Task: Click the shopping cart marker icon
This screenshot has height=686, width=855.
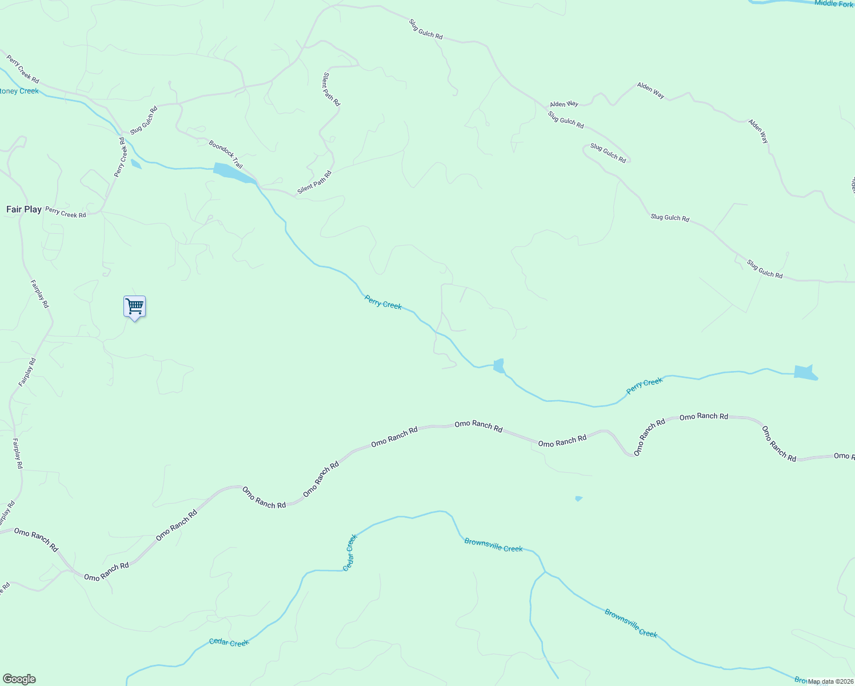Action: (x=135, y=306)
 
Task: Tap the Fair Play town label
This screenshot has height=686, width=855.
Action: (x=24, y=209)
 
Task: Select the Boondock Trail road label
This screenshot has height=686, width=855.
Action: (x=226, y=154)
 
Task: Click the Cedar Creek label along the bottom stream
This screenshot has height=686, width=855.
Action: (x=229, y=643)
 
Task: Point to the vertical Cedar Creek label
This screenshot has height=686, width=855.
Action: (x=350, y=552)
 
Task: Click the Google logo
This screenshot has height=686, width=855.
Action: (x=19, y=679)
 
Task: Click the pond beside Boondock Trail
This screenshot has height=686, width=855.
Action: (x=233, y=173)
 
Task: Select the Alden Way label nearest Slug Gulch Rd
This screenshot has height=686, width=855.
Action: (x=564, y=104)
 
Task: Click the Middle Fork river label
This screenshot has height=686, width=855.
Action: (x=833, y=3)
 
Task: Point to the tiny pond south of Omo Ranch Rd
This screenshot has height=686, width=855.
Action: (x=578, y=498)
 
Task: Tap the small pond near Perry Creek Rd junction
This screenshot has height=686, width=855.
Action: (x=135, y=164)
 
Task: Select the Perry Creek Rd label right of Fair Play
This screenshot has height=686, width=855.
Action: (x=66, y=213)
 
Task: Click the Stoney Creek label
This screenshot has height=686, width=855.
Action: (x=19, y=91)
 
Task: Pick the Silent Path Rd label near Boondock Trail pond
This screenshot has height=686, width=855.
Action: (x=314, y=182)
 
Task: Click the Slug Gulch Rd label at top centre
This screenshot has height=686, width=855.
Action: (x=426, y=29)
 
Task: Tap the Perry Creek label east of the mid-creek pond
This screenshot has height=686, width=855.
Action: (x=644, y=386)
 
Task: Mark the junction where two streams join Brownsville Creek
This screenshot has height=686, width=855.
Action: (x=545, y=571)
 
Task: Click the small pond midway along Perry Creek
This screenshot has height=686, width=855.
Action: (x=499, y=365)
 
